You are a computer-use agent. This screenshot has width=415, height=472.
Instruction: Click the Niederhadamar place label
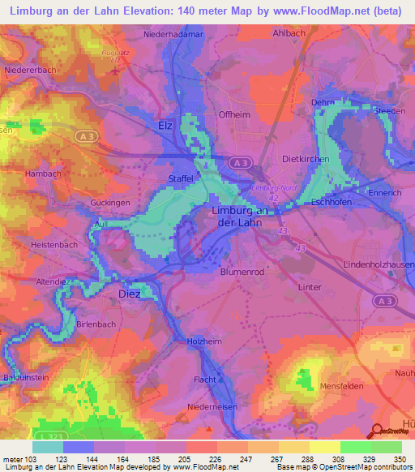(x=173, y=36)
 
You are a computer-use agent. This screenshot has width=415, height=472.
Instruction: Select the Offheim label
(x=234, y=115)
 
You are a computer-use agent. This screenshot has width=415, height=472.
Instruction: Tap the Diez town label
(x=130, y=294)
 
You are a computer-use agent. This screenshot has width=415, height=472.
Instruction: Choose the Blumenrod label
(x=242, y=272)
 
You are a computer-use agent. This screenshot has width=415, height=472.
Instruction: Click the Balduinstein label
(x=28, y=376)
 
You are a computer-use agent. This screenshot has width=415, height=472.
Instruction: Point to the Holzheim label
(x=204, y=342)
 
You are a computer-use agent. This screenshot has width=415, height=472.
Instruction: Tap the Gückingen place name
(x=111, y=202)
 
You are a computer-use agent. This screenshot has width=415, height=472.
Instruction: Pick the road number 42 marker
(x=275, y=196)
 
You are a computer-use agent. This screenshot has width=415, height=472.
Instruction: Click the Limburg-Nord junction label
(x=273, y=187)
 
